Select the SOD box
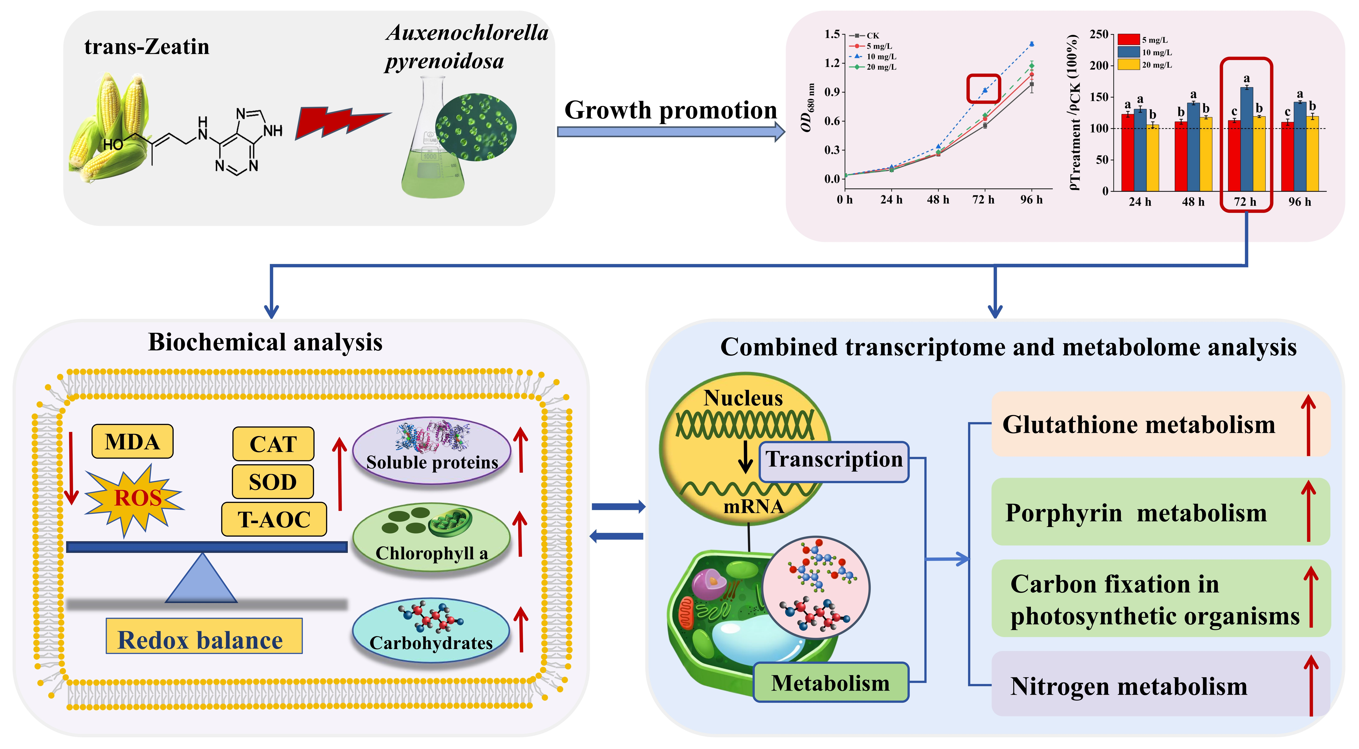click(x=273, y=482)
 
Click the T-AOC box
click(x=274, y=520)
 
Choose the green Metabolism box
click(x=830, y=683)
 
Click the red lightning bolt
click(x=340, y=122)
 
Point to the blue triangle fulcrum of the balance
click(x=202, y=580)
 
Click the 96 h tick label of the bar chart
click(x=1299, y=202)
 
